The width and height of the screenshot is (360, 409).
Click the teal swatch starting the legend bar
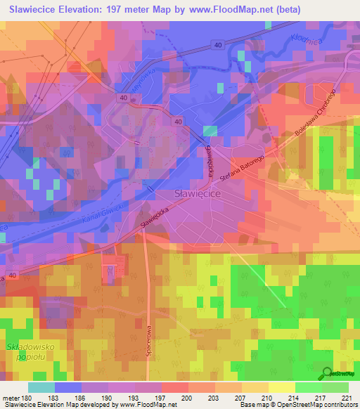click(41, 387)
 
